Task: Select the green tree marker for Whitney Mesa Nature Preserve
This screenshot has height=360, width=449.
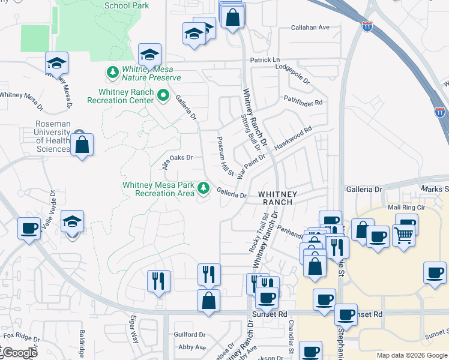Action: pyautogui.click(x=112, y=73)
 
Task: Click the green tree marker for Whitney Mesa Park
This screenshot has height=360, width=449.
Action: pyautogui.click(x=204, y=188)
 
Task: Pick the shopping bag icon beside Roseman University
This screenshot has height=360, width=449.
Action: pyautogui.click(x=82, y=145)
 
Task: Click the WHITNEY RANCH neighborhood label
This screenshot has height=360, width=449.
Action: pyautogui.click(x=276, y=198)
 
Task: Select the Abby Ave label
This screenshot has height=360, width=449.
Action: pyautogui.click(x=192, y=347)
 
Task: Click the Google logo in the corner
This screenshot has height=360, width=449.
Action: pyautogui.click(x=19, y=352)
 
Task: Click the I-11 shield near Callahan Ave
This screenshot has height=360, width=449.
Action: pyautogui.click(x=367, y=26)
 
